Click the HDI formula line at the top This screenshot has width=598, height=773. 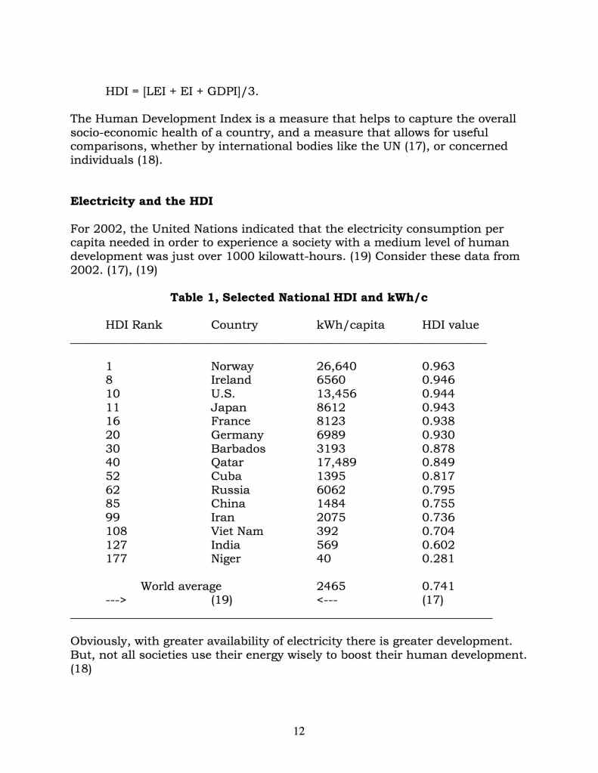[181, 91]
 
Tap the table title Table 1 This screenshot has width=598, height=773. [299, 298]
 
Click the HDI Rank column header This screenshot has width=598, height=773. [134, 325]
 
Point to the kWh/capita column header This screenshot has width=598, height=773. [350, 325]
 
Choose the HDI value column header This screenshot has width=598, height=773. [450, 325]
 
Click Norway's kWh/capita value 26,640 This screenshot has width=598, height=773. [336, 366]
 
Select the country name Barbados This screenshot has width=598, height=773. [238, 449]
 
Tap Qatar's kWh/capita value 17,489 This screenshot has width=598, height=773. [336, 462]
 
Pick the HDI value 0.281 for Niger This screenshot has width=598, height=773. [438, 559]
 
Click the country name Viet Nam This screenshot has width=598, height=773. [237, 531]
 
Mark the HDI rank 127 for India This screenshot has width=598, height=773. [116, 545]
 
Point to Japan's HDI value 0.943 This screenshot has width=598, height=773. [438, 408]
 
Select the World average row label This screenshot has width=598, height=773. [181, 586]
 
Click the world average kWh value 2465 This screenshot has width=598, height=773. [331, 586]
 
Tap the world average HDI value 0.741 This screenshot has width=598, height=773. [438, 586]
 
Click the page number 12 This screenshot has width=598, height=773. [299, 731]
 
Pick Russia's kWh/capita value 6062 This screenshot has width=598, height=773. [331, 490]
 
